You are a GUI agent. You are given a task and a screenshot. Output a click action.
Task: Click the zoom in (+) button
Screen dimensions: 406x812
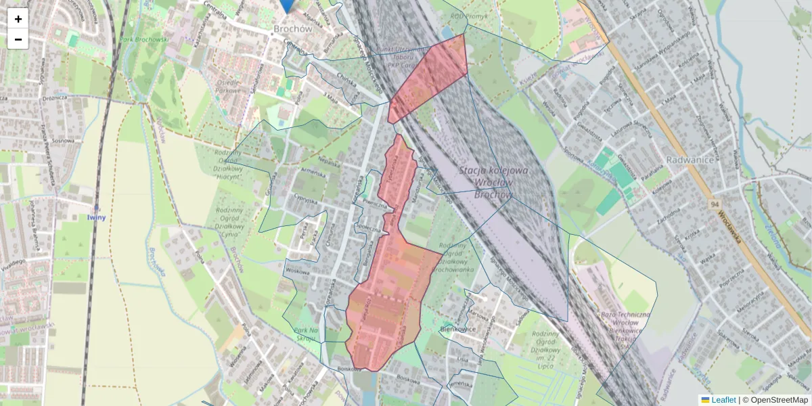[18, 19]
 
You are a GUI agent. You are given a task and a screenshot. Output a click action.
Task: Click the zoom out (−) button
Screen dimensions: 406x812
[18, 39]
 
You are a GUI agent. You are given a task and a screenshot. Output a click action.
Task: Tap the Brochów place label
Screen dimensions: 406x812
[292, 29]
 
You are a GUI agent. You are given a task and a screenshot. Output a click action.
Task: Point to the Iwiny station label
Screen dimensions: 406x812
[97, 217]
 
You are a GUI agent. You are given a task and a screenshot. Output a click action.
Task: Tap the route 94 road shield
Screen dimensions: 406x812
[715, 204]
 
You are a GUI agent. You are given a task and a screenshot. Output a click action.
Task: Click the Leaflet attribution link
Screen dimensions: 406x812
[723, 400]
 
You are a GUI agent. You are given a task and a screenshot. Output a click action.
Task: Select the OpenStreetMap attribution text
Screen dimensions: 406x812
[778, 400]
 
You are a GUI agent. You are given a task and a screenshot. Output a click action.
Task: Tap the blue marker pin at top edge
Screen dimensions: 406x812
[288, 5]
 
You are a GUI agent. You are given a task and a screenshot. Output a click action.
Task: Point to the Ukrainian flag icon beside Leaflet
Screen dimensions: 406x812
[705, 400]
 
